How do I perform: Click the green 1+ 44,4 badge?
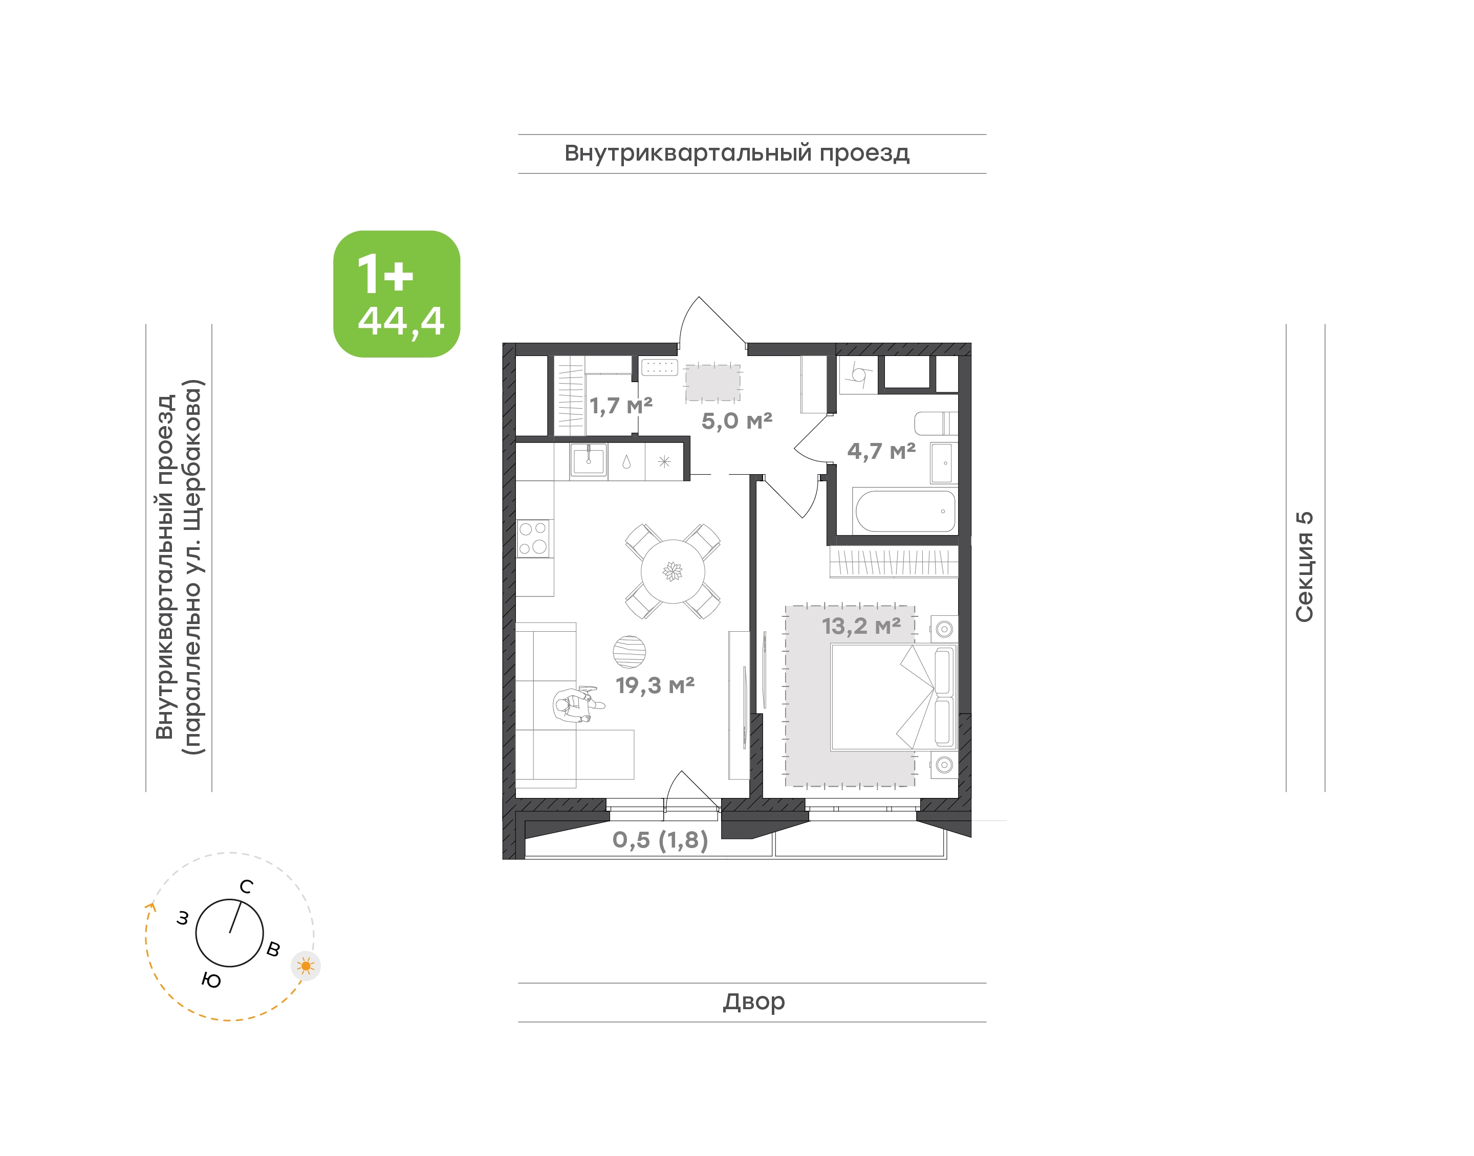coord(396,294)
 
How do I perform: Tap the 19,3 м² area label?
coord(655,685)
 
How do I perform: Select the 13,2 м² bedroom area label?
coord(861,626)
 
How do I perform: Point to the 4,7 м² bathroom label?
coord(881,451)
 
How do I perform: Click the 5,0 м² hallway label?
coord(736,421)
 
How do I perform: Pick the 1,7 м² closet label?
coord(621,406)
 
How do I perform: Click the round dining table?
coord(673,571)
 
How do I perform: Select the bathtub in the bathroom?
coord(905,511)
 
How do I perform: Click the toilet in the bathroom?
coord(936,423)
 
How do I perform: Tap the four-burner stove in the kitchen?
coord(533,539)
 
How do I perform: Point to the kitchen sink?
coord(589,461)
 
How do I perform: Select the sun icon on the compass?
coord(306,966)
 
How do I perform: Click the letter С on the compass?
coord(247,886)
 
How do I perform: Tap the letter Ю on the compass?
coord(211,980)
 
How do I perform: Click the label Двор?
coord(753,1002)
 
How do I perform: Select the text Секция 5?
coord(1304,567)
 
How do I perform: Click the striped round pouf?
coord(629,652)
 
